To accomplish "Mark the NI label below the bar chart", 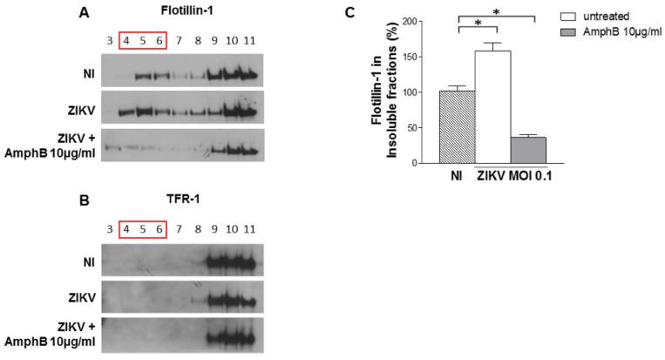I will pyautogui.click(x=456, y=174).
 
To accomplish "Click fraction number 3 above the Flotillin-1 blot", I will pyautogui.click(x=108, y=40).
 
